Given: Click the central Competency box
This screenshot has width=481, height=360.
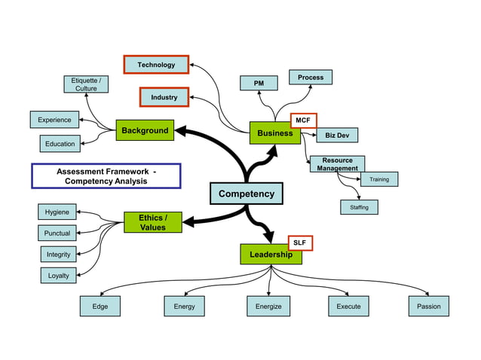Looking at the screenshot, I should (x=246, y=194).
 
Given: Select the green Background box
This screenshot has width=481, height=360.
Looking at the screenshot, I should (x=145, y=130).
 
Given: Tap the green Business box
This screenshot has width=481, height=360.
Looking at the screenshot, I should (x=274, y=133).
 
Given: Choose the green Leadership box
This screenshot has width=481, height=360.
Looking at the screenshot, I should (x=271, y=255).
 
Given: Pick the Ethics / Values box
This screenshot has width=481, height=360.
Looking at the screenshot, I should (x=153, y=222).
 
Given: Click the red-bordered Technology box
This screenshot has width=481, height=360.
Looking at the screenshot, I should (x=156, y=65).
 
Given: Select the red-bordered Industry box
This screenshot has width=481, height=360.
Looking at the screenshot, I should (x=164, y=97).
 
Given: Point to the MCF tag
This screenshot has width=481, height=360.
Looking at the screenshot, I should (x=303, y=120).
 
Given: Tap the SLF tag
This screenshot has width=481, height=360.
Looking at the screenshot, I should (x=299, y=243).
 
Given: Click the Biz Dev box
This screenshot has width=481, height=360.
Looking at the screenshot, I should (x=337, y=136).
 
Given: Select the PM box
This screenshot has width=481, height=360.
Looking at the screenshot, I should (x=259, y=83).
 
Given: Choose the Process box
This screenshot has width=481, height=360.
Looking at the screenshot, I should (x=311, y=77).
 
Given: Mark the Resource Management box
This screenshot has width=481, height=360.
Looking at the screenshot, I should (x=337, y=164).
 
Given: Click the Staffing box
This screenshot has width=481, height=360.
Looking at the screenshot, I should (x=359, y=207).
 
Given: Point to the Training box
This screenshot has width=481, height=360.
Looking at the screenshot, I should (x=379, y=179).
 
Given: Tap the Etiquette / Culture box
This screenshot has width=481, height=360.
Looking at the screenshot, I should (x=85, y=84).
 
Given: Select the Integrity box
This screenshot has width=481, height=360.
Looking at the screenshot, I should (x=58, y=255).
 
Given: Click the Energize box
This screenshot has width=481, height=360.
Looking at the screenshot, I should (x=268, y=307).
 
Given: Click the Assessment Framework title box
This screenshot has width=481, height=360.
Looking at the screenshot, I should (x=106, y=176).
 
